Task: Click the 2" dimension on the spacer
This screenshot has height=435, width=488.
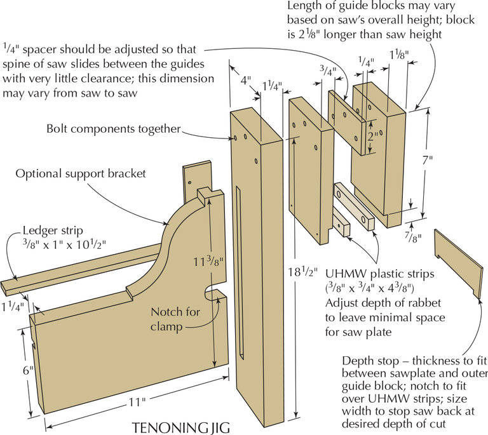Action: pyautogui.click(x=376, y=135)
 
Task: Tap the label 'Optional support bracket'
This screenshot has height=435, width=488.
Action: pyautogui.click(x=81, y=173)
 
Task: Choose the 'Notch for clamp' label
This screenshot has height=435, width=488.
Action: pyautogui.click(x=175, y=319)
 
